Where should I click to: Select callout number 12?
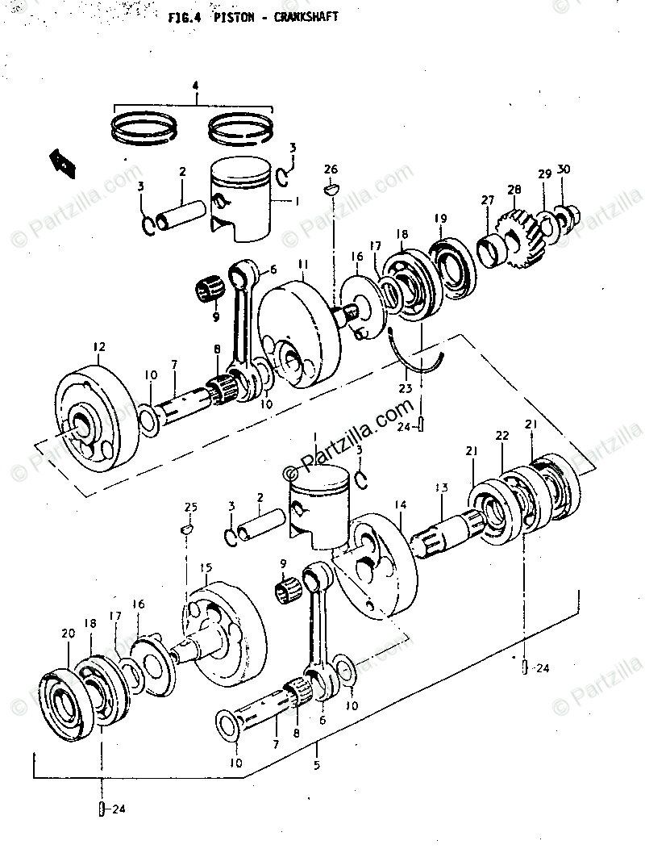pyautogui.click(x=98, y=348)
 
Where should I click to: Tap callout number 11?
pyautogui.click(x=302, y=264)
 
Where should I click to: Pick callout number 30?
pyautogui.click(x=564, y=169)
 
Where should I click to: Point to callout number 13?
pyautogui.click(x=441, y=487)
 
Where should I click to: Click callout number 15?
pyautogui.click(x=206, y=568)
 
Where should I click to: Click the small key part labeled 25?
pyautogui.click(x=185, y=529)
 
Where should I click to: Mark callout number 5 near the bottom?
pyautogui.click(x=317, y=763)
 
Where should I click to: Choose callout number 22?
pyautogui.click(x=501, y=436)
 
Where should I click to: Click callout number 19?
pyautogui.click(x=440, y=219)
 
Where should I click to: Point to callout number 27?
pyautogui.click(x=487, y=199)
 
